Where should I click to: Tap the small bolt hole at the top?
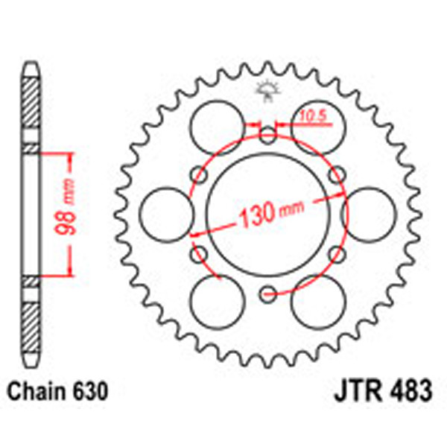point(268,135)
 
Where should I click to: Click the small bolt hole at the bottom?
point(268,296)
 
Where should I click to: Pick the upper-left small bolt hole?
point(199,175)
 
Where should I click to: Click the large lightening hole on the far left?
point(166,215)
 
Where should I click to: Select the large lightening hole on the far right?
point(370,215)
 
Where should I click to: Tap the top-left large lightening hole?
point(217,127)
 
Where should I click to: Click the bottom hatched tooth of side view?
point(30,328)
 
